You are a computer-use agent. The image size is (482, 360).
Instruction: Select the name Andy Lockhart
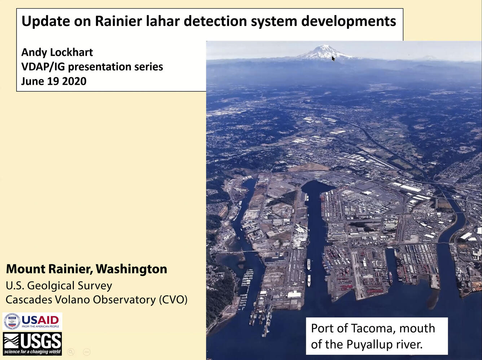pyautogui.click(x=57, y=53)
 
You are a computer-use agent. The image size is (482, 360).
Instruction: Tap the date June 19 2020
pyautogui.click(x=54, y=81)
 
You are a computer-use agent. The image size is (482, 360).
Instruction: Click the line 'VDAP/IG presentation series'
pyautogui.click(x=92, y=67)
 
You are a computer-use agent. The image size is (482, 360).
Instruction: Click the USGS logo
pyautogui.click(x=32, y=344)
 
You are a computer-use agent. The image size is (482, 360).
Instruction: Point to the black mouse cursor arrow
pyautogui.click(x=333, y=58)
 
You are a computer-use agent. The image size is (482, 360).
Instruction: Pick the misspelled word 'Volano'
pyautogui.click(x=72, y=300)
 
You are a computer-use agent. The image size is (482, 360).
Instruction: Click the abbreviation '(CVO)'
pyautogui.click(x=173, y=300)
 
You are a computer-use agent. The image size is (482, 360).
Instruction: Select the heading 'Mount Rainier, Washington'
pyautogui.click(x=87, y=269)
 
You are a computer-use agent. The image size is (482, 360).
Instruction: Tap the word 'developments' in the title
pyautogui.click(x=349, y=22)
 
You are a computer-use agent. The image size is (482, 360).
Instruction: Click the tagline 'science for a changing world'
pyautogui.click(x=32, y=352)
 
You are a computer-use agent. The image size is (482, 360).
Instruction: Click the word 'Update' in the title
pyautogui.click(x=46, y=22)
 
